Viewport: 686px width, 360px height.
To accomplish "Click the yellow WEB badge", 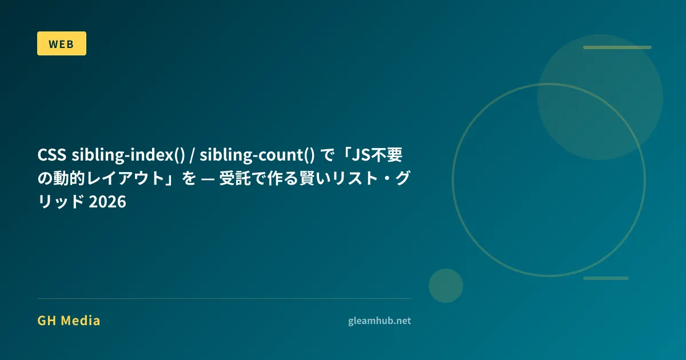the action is point(62,43).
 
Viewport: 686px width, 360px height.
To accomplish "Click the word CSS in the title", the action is point(52,155).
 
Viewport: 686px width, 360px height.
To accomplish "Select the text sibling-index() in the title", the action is point(128,155).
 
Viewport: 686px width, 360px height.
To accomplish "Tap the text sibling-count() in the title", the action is point(257,155).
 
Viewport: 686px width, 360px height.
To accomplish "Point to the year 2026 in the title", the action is point(107,202).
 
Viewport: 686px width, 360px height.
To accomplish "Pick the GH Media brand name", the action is point(69,321).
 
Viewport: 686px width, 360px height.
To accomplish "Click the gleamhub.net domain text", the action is point(380,321).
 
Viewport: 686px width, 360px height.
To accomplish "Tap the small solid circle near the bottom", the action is point(445,286).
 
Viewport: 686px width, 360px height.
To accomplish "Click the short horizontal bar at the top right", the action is point(617,47).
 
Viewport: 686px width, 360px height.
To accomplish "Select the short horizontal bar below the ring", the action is point(606,278).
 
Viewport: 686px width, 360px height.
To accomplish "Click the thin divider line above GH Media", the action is point(224,298).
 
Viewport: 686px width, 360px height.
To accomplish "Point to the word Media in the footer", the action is point(81,321).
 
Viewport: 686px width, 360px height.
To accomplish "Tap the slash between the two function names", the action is point(192,155).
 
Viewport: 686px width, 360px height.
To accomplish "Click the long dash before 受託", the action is point(208,179).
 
